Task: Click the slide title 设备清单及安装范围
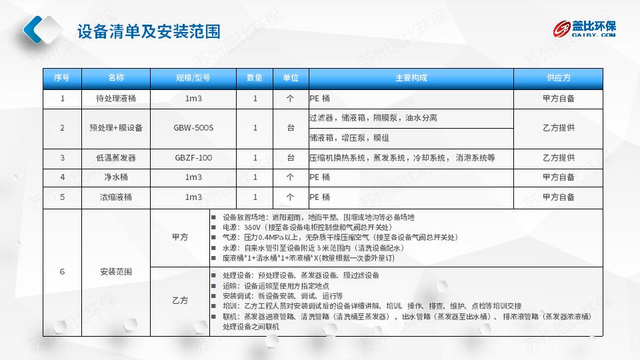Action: [x=149, y=31]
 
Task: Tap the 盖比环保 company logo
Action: [x=584, y=29]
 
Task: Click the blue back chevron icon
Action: [x=33, y=29]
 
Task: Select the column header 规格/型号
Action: [x=193, y=77]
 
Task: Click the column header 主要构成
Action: [x=411, y=77]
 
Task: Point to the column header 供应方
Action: [x=559, y=77]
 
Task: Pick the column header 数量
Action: [x=254, y=77]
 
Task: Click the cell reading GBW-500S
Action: [x=193, y=128]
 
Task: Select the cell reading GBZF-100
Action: [x=193, y=157]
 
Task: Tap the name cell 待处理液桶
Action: [x=116, y=99]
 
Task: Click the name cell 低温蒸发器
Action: [x=116, y=157]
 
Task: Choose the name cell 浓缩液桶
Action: [x=116, y=197]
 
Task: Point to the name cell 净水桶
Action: [x=116, y=177]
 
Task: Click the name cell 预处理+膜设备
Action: [x=116, y=128]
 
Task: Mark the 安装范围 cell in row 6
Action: [x=116, y=272]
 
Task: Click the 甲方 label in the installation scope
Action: [x=180, y=237]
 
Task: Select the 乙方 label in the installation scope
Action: [x=180, y=301]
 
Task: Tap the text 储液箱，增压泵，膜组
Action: [x=349, y=138]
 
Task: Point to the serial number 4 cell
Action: [x=63, y=177]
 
